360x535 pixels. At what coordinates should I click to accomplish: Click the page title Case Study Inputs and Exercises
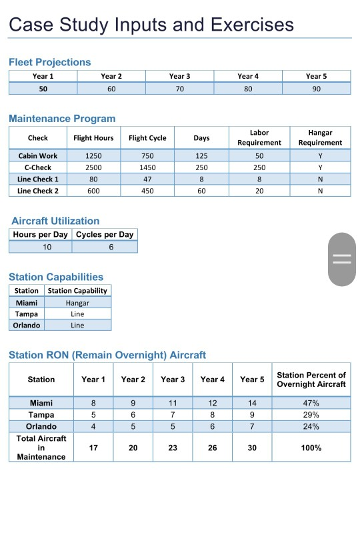(151, 25)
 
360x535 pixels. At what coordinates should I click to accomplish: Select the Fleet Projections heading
(49, 62)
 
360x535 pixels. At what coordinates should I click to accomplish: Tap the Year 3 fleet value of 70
(179, 88)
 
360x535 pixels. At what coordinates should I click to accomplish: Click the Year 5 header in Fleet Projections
(316, 76)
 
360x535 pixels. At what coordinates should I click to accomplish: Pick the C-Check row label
(38, 167)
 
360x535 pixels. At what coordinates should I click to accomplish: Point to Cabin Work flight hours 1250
(93, 155)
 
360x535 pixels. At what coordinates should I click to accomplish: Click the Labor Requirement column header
(259, 138)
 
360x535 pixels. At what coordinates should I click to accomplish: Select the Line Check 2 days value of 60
(201, 191)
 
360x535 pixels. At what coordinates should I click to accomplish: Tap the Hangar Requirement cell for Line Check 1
(320, 179)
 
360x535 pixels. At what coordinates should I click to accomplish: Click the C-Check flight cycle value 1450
(147, 167)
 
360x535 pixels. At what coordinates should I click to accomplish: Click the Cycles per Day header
(105, 235)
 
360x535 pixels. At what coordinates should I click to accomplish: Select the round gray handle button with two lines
(342, 259)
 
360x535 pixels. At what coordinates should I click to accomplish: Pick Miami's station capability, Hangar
(77, 303)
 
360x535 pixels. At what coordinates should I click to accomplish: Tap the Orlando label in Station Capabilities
(27, 326)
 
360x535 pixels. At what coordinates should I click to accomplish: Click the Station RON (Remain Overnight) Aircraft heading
(107, 355)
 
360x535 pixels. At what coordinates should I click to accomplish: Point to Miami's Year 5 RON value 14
(251, 403)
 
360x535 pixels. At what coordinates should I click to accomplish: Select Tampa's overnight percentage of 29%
(311, 414)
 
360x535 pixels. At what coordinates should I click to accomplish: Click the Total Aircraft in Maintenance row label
(41, 448)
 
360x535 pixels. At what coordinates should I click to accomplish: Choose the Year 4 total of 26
(212, 448)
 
